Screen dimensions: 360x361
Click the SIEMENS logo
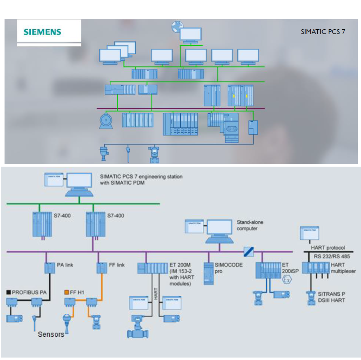42,32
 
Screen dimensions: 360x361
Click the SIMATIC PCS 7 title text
323,32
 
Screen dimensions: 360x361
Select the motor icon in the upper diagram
106,121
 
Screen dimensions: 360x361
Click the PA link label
65,265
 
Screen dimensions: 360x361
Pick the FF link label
116,265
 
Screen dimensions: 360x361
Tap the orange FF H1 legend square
66,292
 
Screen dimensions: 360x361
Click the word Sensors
51,334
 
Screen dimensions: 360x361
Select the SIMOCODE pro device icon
209,274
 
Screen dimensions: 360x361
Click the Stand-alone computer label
250,226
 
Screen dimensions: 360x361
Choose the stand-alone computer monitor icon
219,228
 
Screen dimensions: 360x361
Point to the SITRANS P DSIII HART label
331,297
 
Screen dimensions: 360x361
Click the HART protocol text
328,248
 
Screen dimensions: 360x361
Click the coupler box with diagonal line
249,252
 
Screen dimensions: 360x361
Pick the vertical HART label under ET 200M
156,294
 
